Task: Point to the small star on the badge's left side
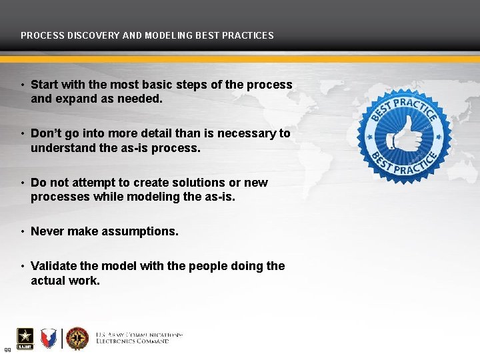[371, 137]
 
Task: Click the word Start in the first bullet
[45, 85]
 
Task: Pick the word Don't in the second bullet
[46, 133]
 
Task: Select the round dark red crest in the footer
[77, 338]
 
